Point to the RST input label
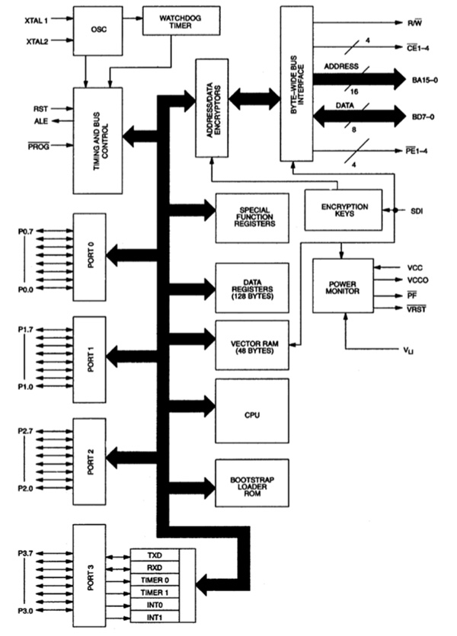[40, 108]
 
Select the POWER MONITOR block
[343, 284]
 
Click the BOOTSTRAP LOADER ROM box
[252, 485]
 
